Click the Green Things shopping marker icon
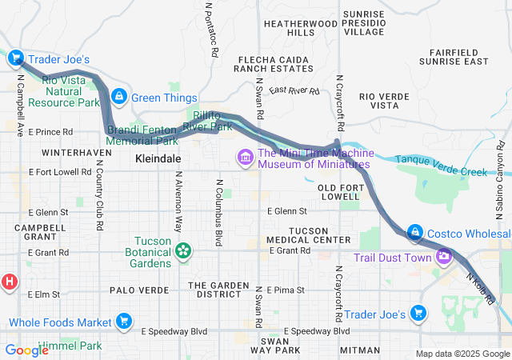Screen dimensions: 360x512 coord(119,97)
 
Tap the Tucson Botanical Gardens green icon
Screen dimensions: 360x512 coord(184,251)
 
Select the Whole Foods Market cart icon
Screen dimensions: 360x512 coord(123,322)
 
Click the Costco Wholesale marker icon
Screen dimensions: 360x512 coord(414,233)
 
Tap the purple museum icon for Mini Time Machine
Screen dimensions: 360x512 coord(244,158)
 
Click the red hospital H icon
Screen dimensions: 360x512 coord(10,282)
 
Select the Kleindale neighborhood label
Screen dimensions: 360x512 coord(158,159)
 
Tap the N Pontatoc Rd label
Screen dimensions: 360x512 coord(212,28)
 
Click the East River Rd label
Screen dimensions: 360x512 coord(294,90)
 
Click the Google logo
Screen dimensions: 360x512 coord(26,350)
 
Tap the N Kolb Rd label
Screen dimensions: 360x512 coord(482,288)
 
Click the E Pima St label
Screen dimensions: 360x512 coord(286,290)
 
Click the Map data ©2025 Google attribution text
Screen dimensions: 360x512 coord(462,354)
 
